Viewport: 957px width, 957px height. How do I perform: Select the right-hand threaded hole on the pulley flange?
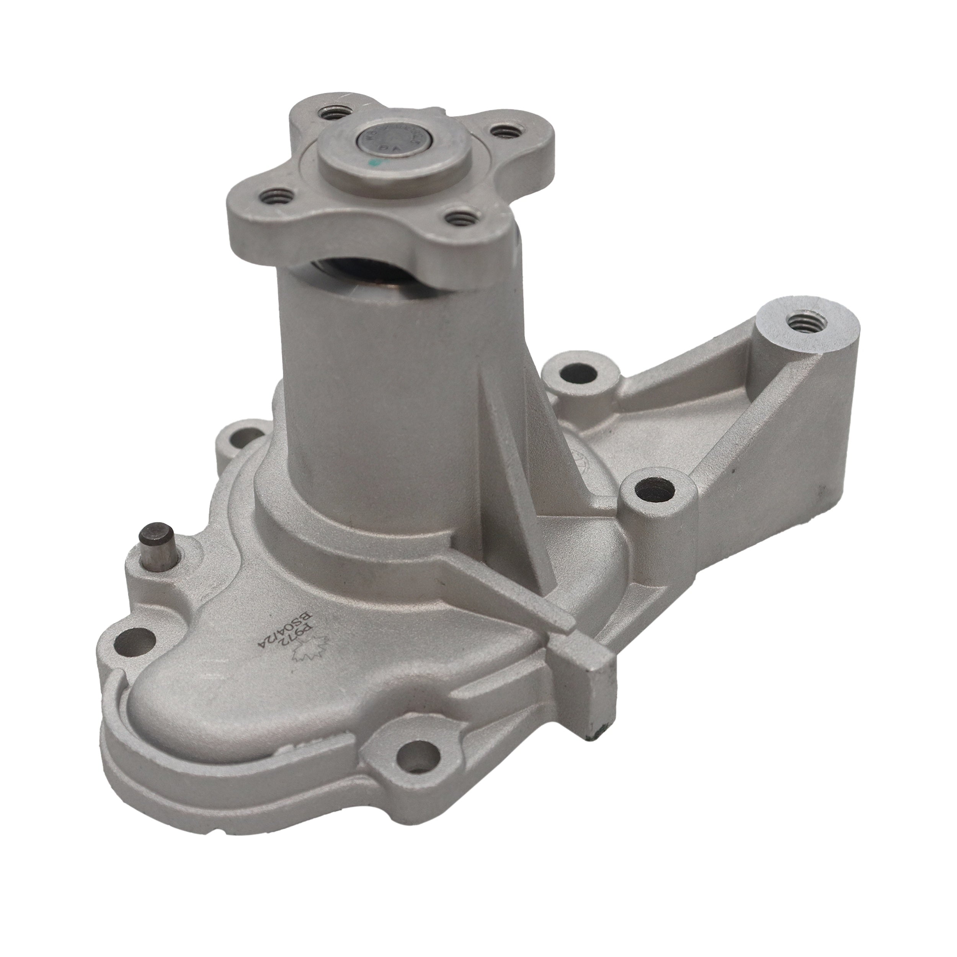[506, 132]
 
